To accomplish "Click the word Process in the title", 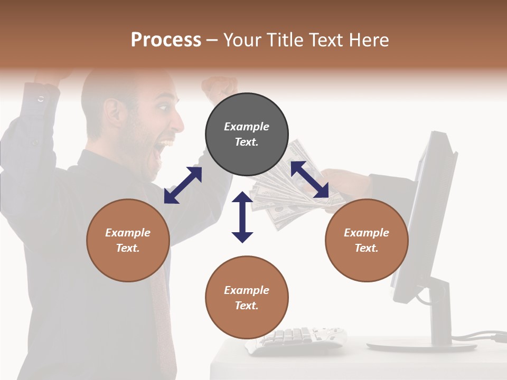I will click(x=166, y=40).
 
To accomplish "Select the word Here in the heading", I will click(x=366, y=40).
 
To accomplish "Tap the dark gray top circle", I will click(x=247, y=135).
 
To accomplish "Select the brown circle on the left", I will click(x=128, y=240).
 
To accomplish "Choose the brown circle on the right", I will click(x=367, y=240).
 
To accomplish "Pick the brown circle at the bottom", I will click(x=247, y=298).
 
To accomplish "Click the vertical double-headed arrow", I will click(x=242, y=217).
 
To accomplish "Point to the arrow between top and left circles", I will click(x=183, y=185).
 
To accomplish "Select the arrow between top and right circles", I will click(x=309, y=179).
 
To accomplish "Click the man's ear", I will click(x=114, y=111).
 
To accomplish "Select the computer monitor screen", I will click(x=422, y=211).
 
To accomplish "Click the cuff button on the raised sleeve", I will click(x=41, y=99).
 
